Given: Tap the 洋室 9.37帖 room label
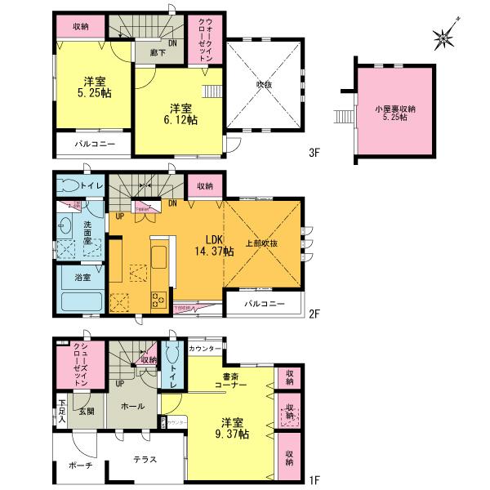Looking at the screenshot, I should tap(231, 430).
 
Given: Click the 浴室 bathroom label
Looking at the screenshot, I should tap(82, 278).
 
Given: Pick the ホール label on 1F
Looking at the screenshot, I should tap(132, 406).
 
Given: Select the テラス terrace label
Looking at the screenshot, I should tap(147, 460).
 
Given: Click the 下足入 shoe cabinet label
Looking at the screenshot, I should tap(62, 405).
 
